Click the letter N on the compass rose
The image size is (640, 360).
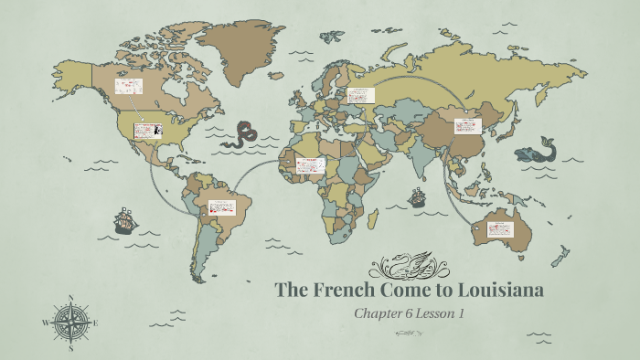[71, 298]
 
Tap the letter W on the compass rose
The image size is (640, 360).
[46, 323]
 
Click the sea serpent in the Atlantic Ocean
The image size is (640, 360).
[242, 134]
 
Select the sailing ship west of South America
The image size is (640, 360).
[123, 220]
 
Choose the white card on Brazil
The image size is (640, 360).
[221, 207]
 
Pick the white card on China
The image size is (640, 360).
[467, 126]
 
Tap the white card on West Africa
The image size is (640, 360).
[311, 166]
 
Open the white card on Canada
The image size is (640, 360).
[128, 88]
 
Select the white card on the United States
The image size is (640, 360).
[147, 131]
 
